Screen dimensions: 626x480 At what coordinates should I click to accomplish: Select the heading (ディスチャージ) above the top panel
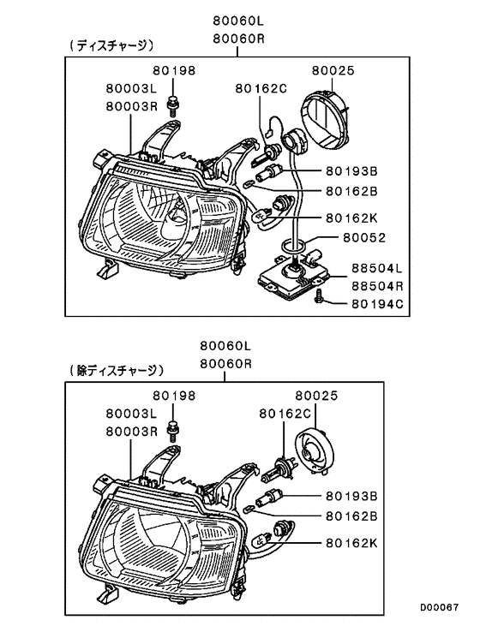pyautogui.click(x=111, y=45)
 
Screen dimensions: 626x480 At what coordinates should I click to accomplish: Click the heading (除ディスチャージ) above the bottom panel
pyautogui.click(x=115, y=370)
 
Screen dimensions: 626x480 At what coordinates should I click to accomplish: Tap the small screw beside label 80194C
pyautogui.click(x=319, y=296)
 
